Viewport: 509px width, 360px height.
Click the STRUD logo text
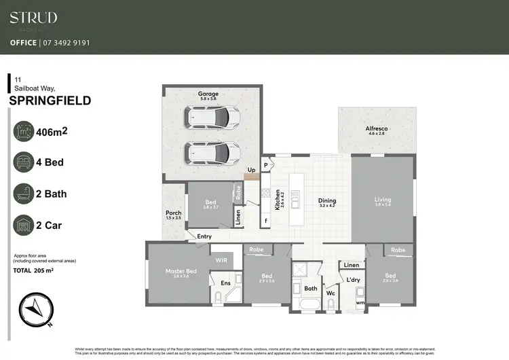[x=33, y=18]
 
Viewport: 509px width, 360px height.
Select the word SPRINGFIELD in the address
[x=50, y=101]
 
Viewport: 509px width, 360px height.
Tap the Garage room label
[x=208, y=94]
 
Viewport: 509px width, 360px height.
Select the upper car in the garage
[x=214, y=119]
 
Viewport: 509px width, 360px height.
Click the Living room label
[x=383, y=200]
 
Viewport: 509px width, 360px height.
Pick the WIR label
[x=221, y=259]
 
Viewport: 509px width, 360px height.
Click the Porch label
[x=173, y=213]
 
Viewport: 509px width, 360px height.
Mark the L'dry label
[x=353, y=280]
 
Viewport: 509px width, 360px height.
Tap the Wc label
[x=331, y=293]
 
